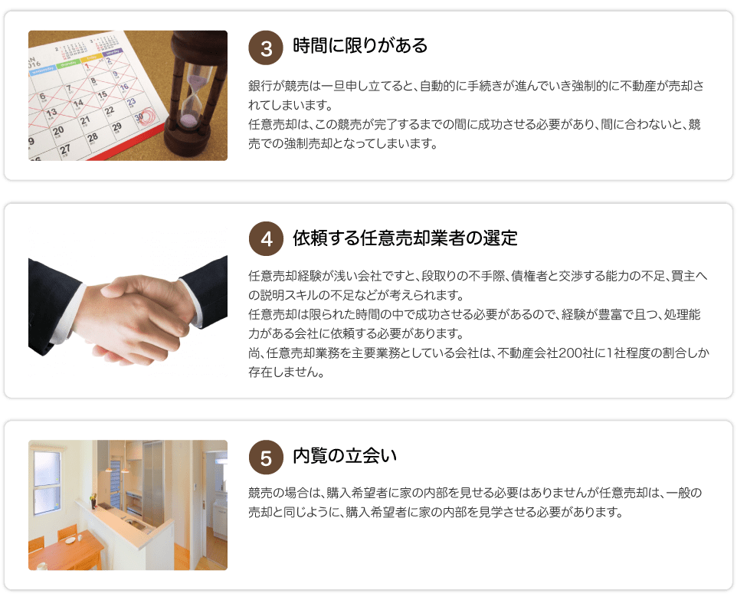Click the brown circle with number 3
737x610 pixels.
coord(267,48)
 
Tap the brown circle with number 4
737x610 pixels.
coord(267,238)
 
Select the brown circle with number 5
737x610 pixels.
coord(267,457)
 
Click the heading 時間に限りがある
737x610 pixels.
coord(360,47)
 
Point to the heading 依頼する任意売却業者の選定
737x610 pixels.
coord(405,238)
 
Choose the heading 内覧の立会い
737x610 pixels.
coord(345,457)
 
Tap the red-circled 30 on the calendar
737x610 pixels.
coord(140,117)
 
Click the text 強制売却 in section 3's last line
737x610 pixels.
coord(314,143)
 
